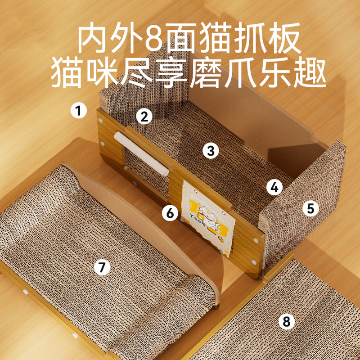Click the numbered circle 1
(79, 110)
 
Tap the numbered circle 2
(144, 117)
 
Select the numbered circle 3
(211, 151)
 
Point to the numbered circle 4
(274, 188)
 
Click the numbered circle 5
(310, 208)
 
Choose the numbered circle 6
(170, 212)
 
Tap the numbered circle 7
(102, 267)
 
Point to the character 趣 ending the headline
(310, 73)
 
